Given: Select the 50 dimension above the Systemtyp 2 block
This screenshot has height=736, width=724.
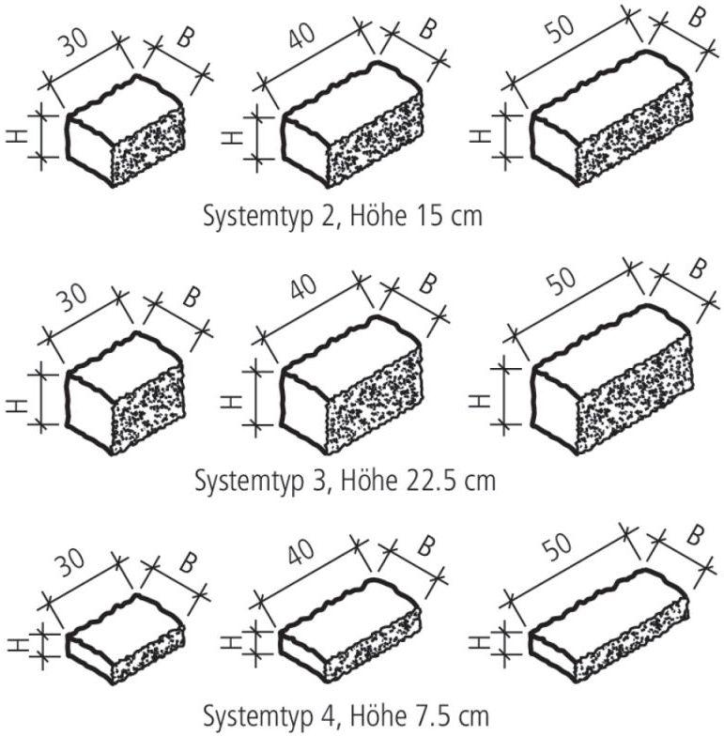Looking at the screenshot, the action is pos(560,29).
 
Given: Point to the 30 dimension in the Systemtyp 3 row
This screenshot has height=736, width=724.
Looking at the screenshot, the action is pos(73,299).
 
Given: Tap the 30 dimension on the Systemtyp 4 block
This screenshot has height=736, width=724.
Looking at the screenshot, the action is pos(70,563).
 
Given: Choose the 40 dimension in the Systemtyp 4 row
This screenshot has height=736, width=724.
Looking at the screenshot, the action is pos(300,552).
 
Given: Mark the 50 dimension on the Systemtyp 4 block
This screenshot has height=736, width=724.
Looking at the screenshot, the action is pos(557,546).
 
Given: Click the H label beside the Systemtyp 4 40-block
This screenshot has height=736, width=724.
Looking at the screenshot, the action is pos(231,642).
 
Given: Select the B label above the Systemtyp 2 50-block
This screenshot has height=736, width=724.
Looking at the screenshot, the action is pos(697,18).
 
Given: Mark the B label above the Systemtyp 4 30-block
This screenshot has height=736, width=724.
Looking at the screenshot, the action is pos(188,563).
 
